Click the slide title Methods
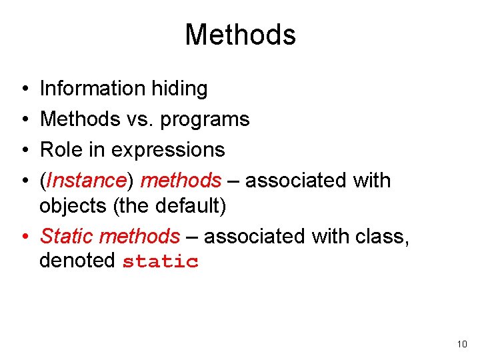pyautogui.click(x=240, y=35)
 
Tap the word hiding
pyautogui.click(x=182, y=89)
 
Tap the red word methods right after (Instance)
pyautogui.click(x=181, y=181)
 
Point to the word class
pyautogui.click(x=382, y=236)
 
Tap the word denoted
pyautogui.click(x=77, y=261)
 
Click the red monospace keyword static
pyautogui.click(x=160, y=261)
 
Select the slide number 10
pyautogui.click(x=462, y=345)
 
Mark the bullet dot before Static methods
pyautogui.click(x=23, y=237)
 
